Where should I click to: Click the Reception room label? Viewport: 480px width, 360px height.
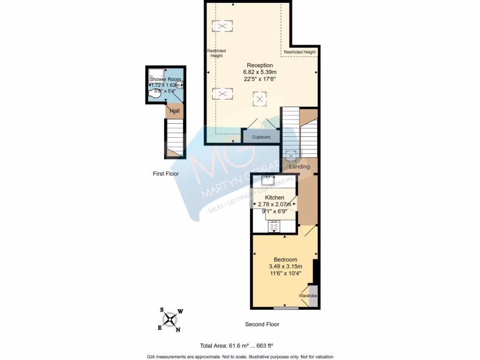(260, 65)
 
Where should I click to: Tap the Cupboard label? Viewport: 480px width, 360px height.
(261, 137)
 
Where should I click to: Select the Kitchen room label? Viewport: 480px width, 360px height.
(274, 198)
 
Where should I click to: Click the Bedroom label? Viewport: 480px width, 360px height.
(285, 260)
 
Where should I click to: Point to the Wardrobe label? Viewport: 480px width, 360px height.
(307, 296)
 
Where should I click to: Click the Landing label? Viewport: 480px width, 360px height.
(299, 166)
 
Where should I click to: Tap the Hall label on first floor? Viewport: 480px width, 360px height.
(174, 111)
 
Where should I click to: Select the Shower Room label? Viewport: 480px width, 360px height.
(165, 80)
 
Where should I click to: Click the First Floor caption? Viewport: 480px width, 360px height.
(165, 174)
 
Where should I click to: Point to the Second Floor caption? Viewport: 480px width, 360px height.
(262, 324)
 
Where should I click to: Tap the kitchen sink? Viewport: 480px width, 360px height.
(268, 180)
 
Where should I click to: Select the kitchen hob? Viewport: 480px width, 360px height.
(274, 227)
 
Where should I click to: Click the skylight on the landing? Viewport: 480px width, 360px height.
(291, 155)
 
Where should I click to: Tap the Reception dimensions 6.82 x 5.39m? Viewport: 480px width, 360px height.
(260, 72)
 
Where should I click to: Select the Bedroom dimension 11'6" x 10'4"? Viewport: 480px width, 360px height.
(285, 273)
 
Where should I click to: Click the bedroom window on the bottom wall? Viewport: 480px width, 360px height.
(286, 308)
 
